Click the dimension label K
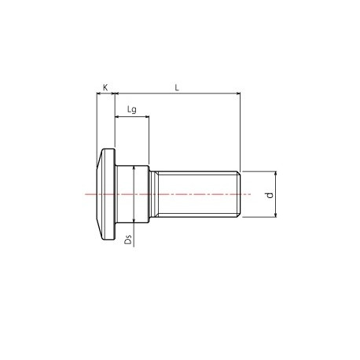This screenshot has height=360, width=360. click(x=105, y=87)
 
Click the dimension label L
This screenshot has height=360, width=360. click(x=177, y=87)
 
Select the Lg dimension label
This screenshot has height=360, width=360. click(x=132, y=110)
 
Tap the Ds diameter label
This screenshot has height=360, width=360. click(x=127, y=238)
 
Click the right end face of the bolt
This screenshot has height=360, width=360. click(x=238, y=194)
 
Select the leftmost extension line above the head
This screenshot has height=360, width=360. click(x=97, y=118)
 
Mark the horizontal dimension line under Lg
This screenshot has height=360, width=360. click(x=132, y=117)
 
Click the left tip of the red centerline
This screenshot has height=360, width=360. click(x=86, y=194)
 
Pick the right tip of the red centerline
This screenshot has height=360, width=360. click(x=251, y=194)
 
